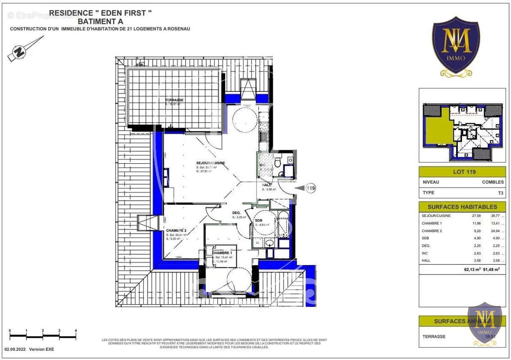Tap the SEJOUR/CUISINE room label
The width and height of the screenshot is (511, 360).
(210, 163)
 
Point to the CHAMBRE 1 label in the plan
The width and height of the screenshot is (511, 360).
(222, 253)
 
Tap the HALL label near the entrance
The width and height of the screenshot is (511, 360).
(267, 185)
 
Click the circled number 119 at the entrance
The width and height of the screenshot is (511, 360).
(310, 188)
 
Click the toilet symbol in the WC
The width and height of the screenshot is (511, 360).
(278, 162)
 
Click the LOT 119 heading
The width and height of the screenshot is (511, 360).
(464, 172)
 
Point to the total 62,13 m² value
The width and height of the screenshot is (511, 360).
(472, 270)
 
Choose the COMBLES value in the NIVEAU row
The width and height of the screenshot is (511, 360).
(493, 182)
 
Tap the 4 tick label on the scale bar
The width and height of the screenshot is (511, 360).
(76, 331)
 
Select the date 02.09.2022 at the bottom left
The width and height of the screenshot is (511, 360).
(16, 349)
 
